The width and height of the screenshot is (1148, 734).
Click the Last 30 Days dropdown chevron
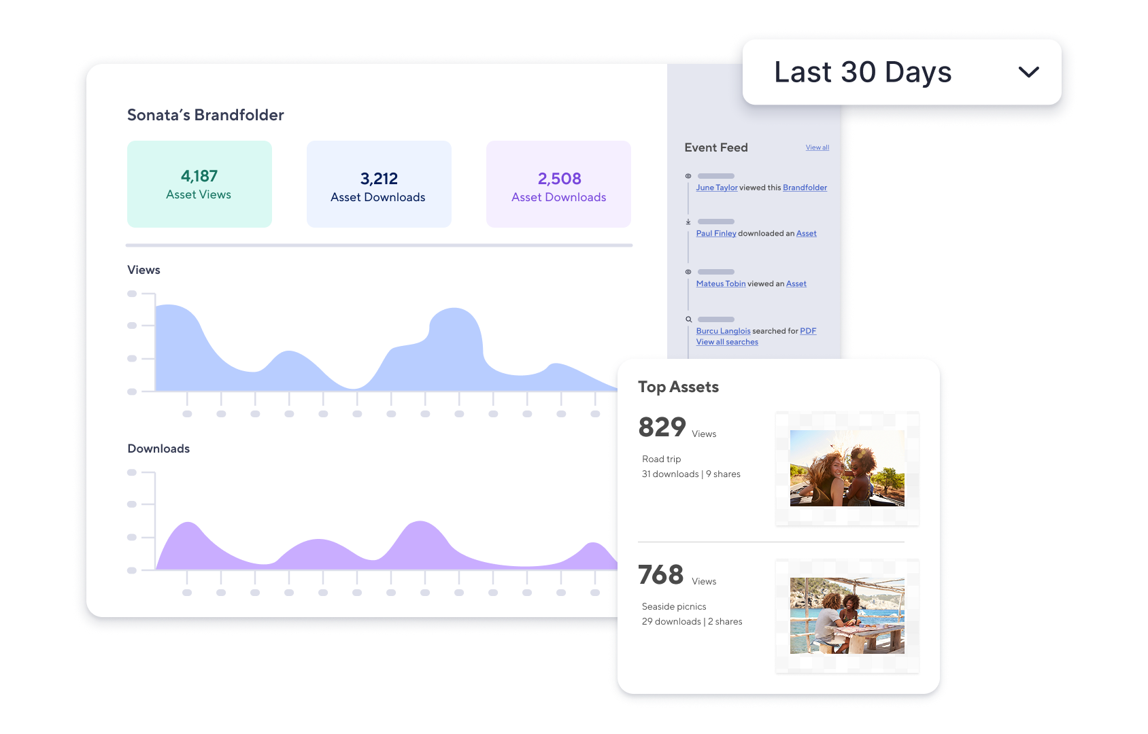pyautogui.click(x=1028, y=72)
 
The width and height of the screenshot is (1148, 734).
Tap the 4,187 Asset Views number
pyautogui.click(x=199, y=176)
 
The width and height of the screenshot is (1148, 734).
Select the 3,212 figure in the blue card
pyautogui.click(x=379, y=179)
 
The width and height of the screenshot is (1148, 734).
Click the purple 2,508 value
pyautogui.click(x=559, y=179)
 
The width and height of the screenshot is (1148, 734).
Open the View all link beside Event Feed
pyautogui.click(x=817, y=147)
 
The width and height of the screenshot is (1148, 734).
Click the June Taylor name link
pyautogui.click(x=716, y=188)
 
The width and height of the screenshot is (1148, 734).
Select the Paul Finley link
pyautogui.click(x=715, y=233)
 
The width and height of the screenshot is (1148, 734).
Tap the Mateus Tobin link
pyautogui.click(x=720, y=283)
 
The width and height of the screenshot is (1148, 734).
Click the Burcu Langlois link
pyautogui.click(x=723, y=331)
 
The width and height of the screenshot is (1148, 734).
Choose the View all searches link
pyautogui.click(x=726, y=342)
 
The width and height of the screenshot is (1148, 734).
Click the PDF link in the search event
pyautogui.click(x=808, y=331)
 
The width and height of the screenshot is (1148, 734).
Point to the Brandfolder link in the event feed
pyautogui.click(x=805, y=188)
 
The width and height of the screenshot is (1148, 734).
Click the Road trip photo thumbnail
pyautogui.click(x=847, y=468)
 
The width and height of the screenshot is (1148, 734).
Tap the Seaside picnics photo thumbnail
pyautogui.click(x=847, y=616)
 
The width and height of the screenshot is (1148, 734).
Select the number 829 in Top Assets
pyautogui.click(x=662, y=427)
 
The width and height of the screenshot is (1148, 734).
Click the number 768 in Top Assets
pyautogui.click(x=660, y=575)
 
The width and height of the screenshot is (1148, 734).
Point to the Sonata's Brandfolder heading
pyautogui.click(x=205, y=115)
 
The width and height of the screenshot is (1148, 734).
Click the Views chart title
pyautogui.click(x=143, y=270)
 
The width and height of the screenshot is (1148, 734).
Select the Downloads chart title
pyautogui.click(x=158, y=449)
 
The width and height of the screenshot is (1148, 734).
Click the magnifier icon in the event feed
pyautogui.click(x=688, y=319)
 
